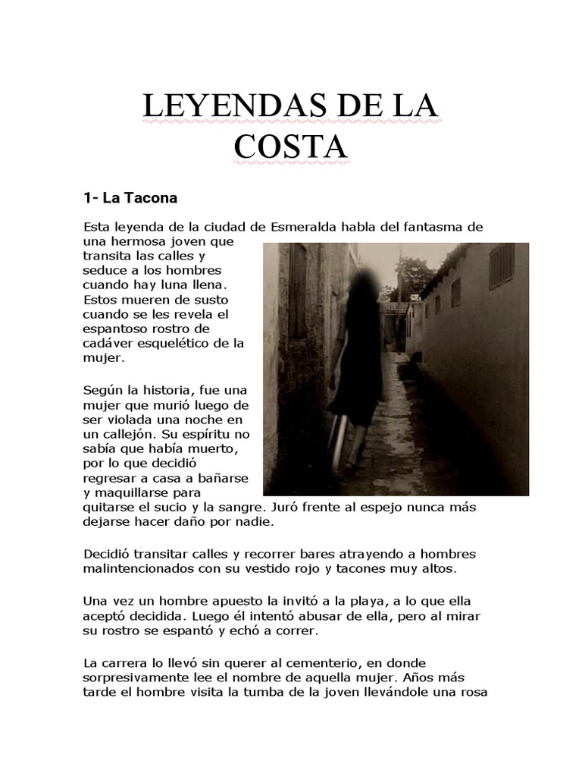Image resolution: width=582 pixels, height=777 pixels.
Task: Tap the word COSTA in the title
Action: point(290,146)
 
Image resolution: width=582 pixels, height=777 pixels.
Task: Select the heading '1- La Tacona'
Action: point(130,199)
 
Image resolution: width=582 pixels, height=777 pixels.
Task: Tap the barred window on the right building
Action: point(501,265)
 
